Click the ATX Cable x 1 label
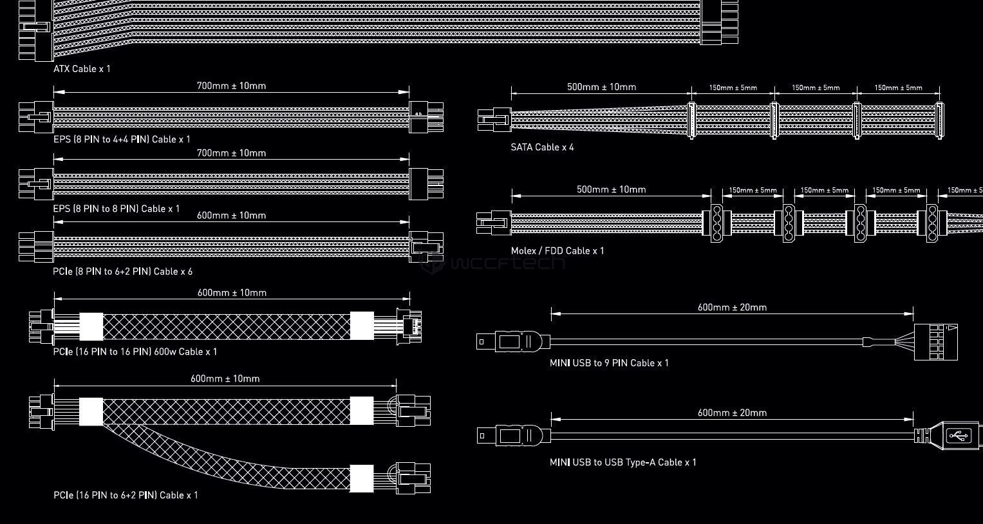point(82,69)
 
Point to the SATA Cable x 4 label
point(542,147)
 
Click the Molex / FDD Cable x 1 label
point(557,251)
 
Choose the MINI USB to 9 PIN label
point(595,363)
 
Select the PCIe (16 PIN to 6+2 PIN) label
point(106,496)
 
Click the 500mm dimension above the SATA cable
point(601,87)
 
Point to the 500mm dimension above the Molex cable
point(611,190)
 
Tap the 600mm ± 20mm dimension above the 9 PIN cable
point(732,308)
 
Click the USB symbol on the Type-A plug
point(959,436)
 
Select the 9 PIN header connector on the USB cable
point(935,342)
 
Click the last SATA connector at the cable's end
point(940,120)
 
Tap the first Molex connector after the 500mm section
point(716,223)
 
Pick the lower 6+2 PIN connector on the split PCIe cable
point(413,478)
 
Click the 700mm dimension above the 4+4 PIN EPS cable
point(231,86)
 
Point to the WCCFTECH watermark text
point(493,263)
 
